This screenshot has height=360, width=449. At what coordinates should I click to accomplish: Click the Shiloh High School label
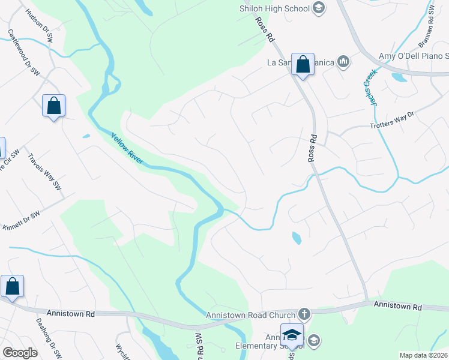pyautogui.click(x=274, y=8)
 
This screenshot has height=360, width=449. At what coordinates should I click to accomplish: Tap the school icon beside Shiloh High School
pyautogui.click(x=319, y=8)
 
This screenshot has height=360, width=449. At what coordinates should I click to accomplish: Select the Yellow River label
pyautogui.click(x=127, y=148)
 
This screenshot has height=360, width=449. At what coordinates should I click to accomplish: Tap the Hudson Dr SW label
pyautogui.click(x=35, y=23)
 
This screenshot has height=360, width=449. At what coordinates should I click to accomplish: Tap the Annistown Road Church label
pyautogui.click(x=251, y=314)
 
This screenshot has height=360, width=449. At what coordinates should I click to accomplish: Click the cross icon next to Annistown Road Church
pyautogui.click(x=304, y=314)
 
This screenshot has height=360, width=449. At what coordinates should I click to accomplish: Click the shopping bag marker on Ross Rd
pyautogui.click(x=303, y=64)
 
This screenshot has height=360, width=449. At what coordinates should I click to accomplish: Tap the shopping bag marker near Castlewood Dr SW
pyautogui.click(x=54, y=106)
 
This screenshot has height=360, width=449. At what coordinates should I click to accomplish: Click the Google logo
pyautogui.click(x=20, y=353)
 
